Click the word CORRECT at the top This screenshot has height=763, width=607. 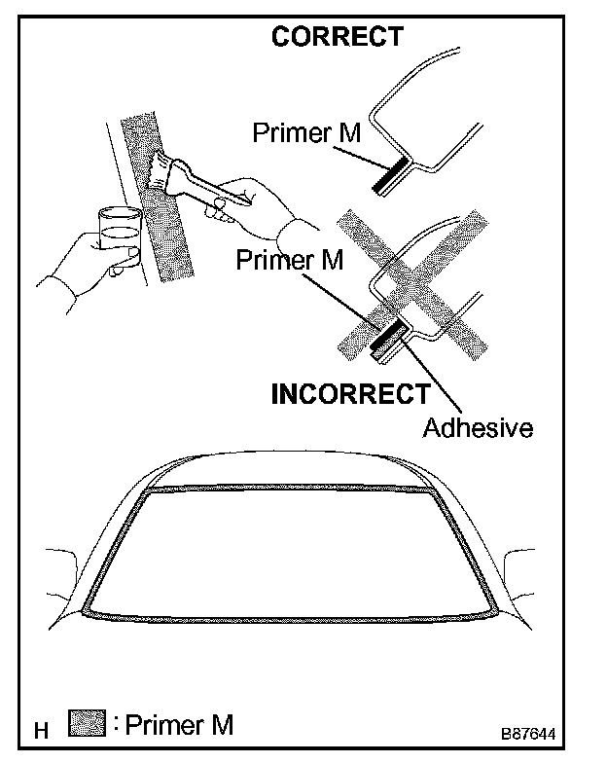pyautogui.click(x=337, y=37)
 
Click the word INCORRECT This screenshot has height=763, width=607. pyautogui.click(x=349, y=394)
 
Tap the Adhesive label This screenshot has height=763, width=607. pyautogui.click(x=478, y=427)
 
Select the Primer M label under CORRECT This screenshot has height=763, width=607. pyautogui.click(x=306, y=132)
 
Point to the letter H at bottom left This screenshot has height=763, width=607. pyautogui.click(x=41, y=730)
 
